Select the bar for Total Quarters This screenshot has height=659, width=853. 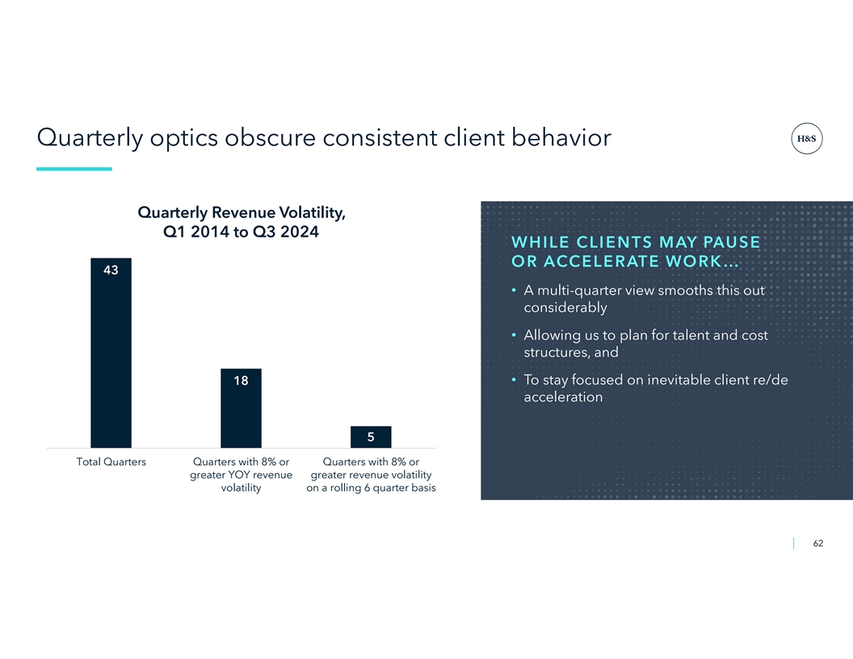click(x=111, y=353)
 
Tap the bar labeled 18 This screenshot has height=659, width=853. click(x=241, y=409)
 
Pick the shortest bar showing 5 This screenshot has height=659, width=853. click(x=371, y=437)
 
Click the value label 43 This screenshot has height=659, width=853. click(x=111, y=270)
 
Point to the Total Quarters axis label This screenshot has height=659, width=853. click(x=111, y=462)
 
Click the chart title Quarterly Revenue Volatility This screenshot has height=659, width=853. click(x=242, y=212)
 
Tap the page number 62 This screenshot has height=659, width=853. click(x=817, y=544)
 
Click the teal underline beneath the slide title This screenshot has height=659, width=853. click(x=74, y=169)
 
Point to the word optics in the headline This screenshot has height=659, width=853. click(x=184, y=138)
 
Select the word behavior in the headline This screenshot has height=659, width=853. click(x=561, y=137)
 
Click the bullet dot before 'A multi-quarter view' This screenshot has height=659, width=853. click(x=514, y=291)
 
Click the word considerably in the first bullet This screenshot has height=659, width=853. click(x=565, y=308)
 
